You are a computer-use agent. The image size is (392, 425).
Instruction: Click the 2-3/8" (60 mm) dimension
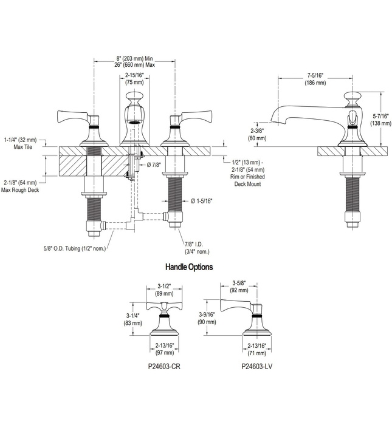257,134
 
